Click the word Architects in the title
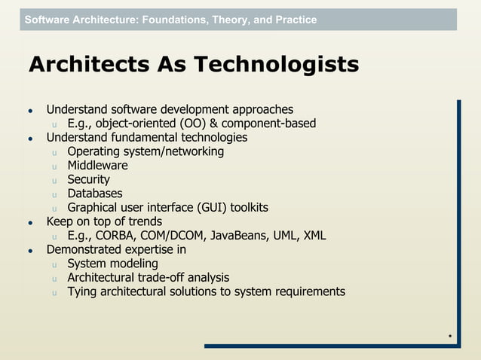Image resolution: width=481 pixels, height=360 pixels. click(x=82, y=66)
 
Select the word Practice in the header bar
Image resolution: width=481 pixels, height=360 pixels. click(x=295, y=20)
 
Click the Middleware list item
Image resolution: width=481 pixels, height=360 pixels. click(x=97, y=166)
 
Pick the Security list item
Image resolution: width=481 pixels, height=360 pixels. click(x=88, y=179)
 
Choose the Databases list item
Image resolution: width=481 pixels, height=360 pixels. click(x=94, y=194)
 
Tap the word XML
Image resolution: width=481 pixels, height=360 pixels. click(x=314, y=236)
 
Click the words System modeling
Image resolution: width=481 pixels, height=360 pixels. click(x=112, y=264)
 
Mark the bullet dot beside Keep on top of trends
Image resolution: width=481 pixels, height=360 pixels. click(x=31, y=223)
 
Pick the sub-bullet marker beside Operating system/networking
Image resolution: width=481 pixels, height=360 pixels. click(x=54, y=153)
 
